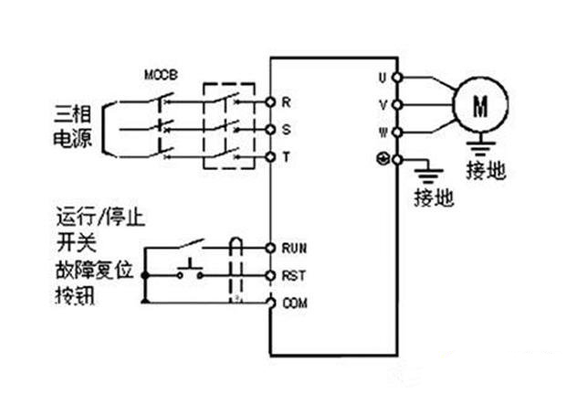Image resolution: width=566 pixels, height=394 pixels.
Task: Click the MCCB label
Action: [x=161, y=75]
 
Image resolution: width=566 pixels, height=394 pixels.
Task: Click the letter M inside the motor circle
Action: [x=480, y=106]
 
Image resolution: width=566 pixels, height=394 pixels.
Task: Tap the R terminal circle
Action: [x=270, y=102]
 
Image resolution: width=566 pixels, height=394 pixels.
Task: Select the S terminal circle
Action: [x=270, y=130]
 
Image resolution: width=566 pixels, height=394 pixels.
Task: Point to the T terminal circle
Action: [x=270, y=157]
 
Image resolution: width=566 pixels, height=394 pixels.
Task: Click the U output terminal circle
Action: [x=397, y=78]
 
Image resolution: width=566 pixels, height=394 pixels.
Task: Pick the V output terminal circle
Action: [x=397, y=105]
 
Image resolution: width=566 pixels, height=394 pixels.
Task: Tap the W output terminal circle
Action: [x=397, y=133]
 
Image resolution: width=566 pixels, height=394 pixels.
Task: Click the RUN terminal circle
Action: [x=270, y=248]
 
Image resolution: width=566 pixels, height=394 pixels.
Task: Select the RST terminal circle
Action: [x=270, y=275]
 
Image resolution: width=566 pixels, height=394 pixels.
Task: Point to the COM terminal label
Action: [x=295, y=303]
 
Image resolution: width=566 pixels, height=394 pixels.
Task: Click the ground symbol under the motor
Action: [x=480, y=144]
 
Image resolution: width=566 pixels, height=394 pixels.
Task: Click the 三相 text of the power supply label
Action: [x=72, y=113]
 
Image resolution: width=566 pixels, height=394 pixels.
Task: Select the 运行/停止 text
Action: [x=100, y=216]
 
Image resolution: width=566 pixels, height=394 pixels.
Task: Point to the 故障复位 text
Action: [x=95, y=270]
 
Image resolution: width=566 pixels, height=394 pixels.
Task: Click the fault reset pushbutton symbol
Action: [x=190, y=271]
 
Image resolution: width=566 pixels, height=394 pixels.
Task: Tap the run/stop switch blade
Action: [x=190, y=244]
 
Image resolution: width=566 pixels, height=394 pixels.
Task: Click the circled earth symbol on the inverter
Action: [x=383, y=159]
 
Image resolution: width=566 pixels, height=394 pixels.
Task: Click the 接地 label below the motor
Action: [x=487, y=170]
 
